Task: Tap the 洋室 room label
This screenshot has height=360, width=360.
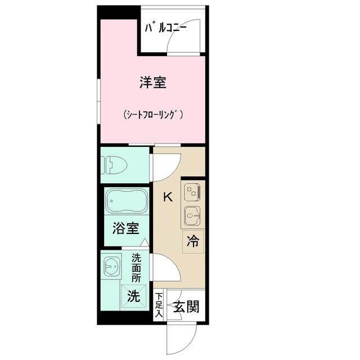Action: coord(152,83)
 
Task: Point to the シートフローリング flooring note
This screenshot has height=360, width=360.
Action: coord(154,114)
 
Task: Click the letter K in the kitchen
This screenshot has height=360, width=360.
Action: coord(168,197)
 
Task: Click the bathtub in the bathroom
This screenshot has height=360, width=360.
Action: coord(127,201)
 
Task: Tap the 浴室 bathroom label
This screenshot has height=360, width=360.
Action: coord(125,228)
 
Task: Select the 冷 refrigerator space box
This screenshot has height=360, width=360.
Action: coord(193,242)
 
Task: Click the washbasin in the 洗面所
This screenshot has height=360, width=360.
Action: coord(111,267)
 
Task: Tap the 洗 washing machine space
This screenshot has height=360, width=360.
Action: coord(133,296)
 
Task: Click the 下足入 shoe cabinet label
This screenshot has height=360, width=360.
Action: coord(159,305)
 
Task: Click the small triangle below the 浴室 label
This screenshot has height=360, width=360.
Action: coord(145,242)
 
